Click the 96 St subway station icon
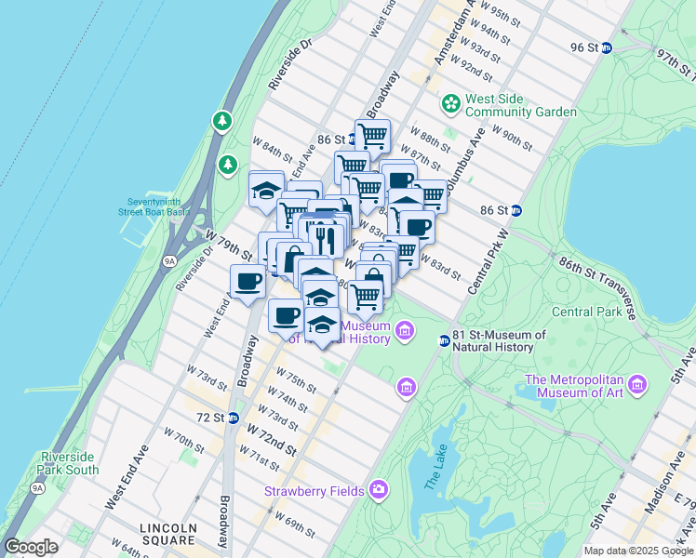(x=606, y=48)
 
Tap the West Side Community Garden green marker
(x=451, y=102)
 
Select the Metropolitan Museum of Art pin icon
(x=637, y=384)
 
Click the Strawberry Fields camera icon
(x=378, y=489)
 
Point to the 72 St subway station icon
(x=233, y=418)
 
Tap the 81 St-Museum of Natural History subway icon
(x=444, y=341)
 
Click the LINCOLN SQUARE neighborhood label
(x=168, y=532)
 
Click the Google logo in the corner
(x=31, y=546)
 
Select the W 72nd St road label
(x=271, y=439)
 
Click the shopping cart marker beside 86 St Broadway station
(x=372, y=136)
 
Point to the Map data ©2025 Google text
(x=637, y=551)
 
